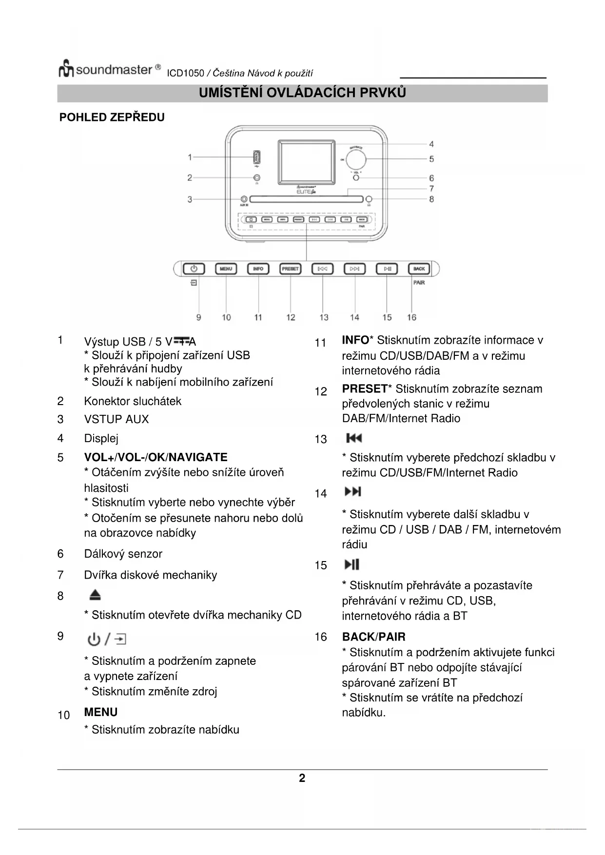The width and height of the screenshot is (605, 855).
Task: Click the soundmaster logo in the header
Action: click(109, 70)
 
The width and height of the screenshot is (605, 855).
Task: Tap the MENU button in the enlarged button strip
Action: click(226, 269)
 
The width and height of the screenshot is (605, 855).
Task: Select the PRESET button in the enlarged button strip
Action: click(290, 269)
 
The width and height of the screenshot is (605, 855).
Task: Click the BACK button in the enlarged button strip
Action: click(419, 269)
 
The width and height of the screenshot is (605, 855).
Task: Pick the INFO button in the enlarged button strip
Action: click(258, 269)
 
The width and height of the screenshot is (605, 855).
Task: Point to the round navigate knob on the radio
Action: click(356, 159)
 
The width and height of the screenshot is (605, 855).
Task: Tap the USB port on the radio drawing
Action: click(256, 157)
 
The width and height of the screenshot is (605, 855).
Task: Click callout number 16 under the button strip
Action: click(411, 317)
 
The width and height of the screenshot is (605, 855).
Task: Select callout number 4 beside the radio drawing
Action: click(431, 144)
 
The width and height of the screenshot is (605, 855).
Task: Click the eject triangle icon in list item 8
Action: click(95, 595)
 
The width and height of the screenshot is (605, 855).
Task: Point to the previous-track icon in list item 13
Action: click(354, 438)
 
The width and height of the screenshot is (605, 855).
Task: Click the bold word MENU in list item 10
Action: click(101, 712)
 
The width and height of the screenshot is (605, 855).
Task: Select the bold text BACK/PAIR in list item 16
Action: click(373, 637)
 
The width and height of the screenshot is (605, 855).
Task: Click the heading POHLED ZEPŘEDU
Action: click(112, 117)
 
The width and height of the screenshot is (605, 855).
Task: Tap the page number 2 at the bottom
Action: click(302, 778)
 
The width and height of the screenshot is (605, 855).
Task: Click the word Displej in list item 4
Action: click(101, 438)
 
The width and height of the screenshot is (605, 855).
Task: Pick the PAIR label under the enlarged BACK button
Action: click(419, 283)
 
